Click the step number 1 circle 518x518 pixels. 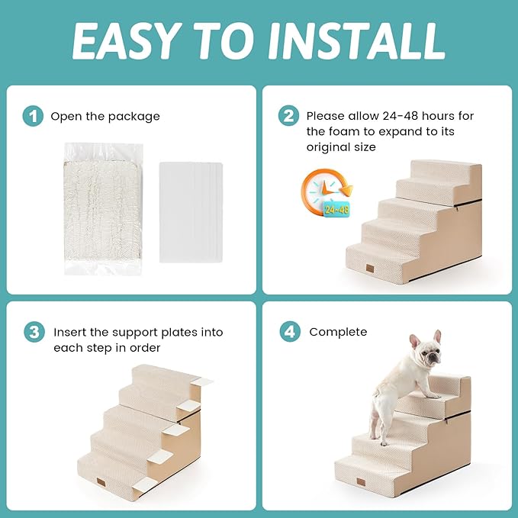click(32, 117)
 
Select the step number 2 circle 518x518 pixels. click(288, 117)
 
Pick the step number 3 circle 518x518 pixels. click(32, 333)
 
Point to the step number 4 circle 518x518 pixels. click(288, 333)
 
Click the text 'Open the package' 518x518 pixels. click(105, 117)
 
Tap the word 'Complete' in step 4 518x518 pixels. click(338, 332)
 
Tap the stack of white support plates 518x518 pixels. click(191, 211)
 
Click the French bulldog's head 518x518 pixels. click(424, 352)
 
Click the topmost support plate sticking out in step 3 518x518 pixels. click(203, 381)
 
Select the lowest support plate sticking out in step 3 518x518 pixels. click(161, 457)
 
